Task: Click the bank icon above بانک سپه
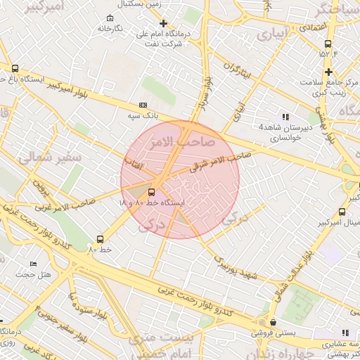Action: point(143,105)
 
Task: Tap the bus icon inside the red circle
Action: point(152,191)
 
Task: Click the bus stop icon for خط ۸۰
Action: point(99,239)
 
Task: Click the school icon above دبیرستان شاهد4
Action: point(285,116)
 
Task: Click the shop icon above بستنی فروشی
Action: point(273,323)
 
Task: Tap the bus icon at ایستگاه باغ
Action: point(15,68)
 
